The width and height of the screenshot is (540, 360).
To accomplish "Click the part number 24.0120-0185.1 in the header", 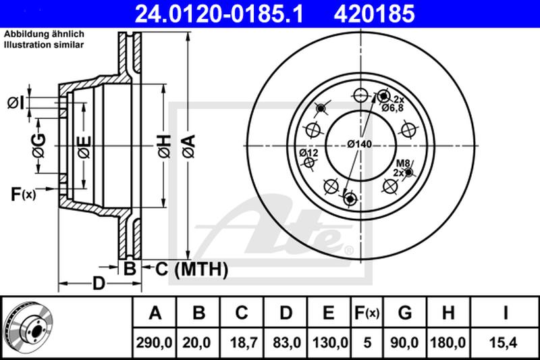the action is click(x=219, y=14).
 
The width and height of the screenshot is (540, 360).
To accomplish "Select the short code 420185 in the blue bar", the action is click(x=375, y=14).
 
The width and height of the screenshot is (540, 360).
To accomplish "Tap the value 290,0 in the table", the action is click(x=154, y=342).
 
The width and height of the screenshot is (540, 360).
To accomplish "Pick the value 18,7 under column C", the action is click(x=242, y=342).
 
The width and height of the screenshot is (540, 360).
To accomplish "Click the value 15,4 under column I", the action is click(x=505, y=342).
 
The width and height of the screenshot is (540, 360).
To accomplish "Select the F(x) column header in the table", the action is click(x=367, y=313).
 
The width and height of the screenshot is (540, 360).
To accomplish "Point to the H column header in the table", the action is click(x=448, y=313).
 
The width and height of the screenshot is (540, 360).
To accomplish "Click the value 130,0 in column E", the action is click(x=330, y=342).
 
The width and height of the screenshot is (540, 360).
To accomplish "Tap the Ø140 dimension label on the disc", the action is click(x=360, y=144).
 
